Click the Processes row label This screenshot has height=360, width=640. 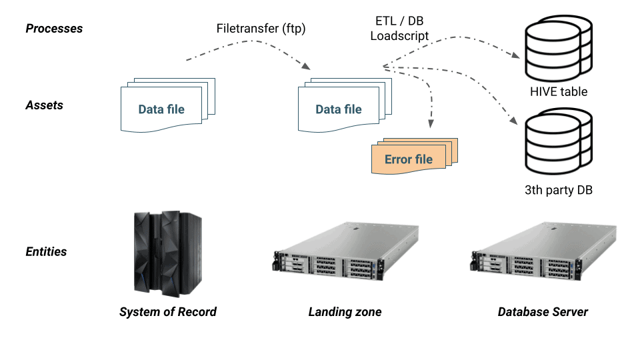pyautogui.click(x=54, y=29)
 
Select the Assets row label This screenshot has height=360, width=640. pyautogui.click(x=44, y=105)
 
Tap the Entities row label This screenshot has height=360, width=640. pyautogui.click(x=46, y=251)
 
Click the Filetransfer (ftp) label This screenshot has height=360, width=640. pyautogui.click(x=261, y=29)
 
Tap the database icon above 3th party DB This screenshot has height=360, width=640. pyautogui.click(x=559, y=143)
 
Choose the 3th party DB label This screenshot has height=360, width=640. pyautogui.click(x=559, y=191)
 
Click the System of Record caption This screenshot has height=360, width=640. pyautogui.click(x=168, y=311)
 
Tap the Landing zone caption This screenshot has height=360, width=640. pyautogui.click(x=345, y=311)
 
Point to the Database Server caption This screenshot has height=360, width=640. pyautogui.click(x=543, y=311)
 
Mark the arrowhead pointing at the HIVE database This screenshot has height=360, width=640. pyautogui.click(x=517, y=56)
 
